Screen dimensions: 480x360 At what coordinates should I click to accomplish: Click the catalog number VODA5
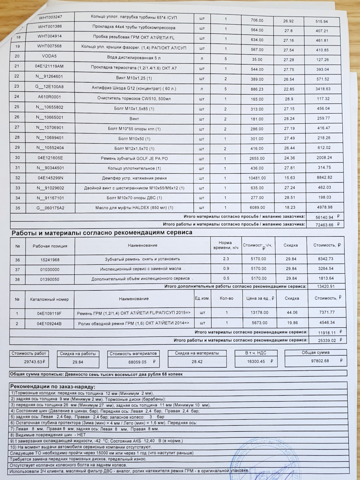pos(50,57)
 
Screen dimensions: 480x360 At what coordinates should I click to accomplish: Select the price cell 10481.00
pos(257,178)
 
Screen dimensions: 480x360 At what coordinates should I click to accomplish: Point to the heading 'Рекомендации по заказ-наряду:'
pos(53,387)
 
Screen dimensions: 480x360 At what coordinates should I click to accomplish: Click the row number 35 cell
pos(17,208)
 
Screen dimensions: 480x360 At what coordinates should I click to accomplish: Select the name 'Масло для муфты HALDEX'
pos(133,208)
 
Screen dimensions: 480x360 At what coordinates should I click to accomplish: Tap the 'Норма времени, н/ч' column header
pos(225,245)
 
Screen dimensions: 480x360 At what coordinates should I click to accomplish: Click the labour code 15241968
pos(50,259)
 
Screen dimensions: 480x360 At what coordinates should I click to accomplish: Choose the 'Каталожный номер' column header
pos(49,300)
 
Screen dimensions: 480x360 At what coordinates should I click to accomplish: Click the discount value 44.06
pos(291,312)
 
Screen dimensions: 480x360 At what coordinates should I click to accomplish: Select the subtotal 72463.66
pos(324,225)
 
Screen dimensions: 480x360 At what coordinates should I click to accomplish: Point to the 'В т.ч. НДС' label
pos(256,353)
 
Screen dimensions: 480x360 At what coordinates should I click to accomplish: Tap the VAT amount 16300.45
pos(257,362)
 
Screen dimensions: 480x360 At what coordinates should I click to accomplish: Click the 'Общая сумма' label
pos(315,352)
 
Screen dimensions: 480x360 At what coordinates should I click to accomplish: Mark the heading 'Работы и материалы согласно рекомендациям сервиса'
pos(102,232)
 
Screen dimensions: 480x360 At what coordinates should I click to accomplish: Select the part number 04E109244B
pos(49,323)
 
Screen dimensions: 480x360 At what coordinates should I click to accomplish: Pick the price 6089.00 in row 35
pos(257,208)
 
